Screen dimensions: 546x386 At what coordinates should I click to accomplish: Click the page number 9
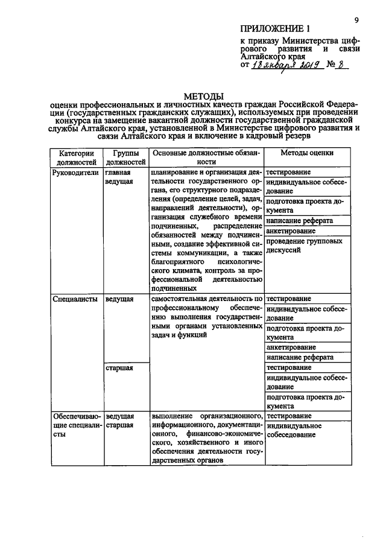[x=357, y=21]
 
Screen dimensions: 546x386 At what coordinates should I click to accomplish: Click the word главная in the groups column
[x=118, y=171]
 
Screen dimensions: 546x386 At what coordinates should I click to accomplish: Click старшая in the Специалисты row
[x=119, y=367]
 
